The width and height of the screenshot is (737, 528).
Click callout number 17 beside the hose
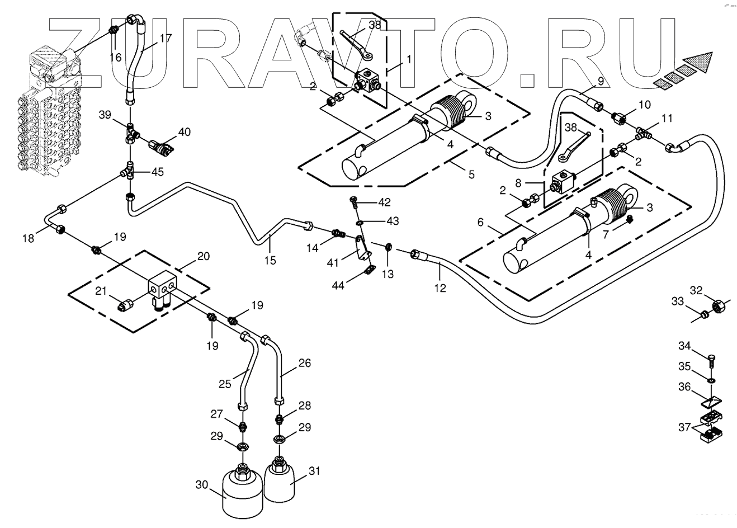pyautogui.click(x=165, y=39)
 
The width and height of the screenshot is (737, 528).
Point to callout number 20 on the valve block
pyautogui.click(x=204, y=256)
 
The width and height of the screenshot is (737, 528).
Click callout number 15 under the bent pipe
pyautogui.click(x=271, y=261)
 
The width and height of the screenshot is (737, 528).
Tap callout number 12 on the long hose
pyautogui.click(x=440, y=289)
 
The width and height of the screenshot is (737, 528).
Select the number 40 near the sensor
pyautogui.click(x=185, y=132)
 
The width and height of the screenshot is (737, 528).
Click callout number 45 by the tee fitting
pyautogui.click(x=158, y=172)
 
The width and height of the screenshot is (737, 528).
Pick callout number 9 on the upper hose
pyautogui.click(x=600, y=81)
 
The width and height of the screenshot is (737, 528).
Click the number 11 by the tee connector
pyautogui.click(x=667, y=119)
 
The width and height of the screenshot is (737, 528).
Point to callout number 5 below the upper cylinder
pyautogui.click(x=471, y=174)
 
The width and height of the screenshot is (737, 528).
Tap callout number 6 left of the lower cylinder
pyautogui.click(x=480, y=221)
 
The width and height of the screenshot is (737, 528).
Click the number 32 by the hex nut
pyautogui.click(x=696, y=291)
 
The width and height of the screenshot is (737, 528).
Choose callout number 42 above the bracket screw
pyautogui.click(x=384, y=201)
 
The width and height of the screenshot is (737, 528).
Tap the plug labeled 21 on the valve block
pyautogui.click(x=126, y=305)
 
